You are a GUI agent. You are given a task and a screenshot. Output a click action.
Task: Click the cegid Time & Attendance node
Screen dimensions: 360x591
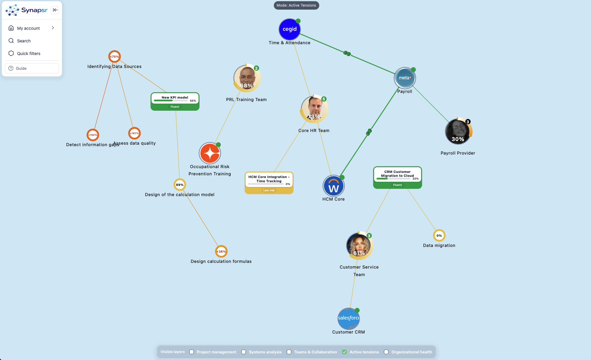coord(289,29)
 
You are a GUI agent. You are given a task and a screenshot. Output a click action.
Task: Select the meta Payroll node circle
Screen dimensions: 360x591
coord(405,78)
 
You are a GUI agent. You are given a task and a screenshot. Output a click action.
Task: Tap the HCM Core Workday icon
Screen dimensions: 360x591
coord(334,186)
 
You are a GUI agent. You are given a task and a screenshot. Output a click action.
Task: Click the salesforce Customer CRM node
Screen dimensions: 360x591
coord(349,318)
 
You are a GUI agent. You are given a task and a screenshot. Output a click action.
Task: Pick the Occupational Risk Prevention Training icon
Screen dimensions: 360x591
coord(210,153)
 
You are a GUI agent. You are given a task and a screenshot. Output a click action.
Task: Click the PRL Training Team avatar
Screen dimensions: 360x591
coord(247,78)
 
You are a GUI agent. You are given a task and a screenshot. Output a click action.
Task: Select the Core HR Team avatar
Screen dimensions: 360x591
coord(314,109)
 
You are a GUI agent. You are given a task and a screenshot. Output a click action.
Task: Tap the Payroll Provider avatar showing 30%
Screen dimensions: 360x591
coord(458,131)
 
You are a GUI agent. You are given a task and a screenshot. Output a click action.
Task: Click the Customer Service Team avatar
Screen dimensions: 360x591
coord(359,246)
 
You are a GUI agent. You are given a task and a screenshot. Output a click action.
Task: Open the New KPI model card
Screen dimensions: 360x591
coord(175,101)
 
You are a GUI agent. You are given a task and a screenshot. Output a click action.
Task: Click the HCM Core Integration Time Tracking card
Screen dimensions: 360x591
coord(269,183)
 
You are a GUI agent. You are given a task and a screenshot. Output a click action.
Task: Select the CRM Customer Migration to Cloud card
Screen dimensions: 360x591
coord(397,177)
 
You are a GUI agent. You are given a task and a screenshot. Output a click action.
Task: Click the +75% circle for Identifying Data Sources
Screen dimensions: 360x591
coord(114,57)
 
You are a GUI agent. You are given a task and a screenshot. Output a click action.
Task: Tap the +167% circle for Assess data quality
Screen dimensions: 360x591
coord(134,133)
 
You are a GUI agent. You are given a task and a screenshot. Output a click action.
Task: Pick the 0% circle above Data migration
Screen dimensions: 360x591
coord(439,235)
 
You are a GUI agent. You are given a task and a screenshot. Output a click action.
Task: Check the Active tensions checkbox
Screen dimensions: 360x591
coord(344,352)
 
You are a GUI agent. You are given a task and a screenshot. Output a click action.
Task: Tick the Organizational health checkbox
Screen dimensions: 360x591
coord(386,352)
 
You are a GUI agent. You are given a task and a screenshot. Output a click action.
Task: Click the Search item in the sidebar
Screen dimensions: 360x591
coord(24,41)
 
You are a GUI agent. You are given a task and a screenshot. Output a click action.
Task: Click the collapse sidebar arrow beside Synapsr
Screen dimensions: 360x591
coord(55,10)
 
